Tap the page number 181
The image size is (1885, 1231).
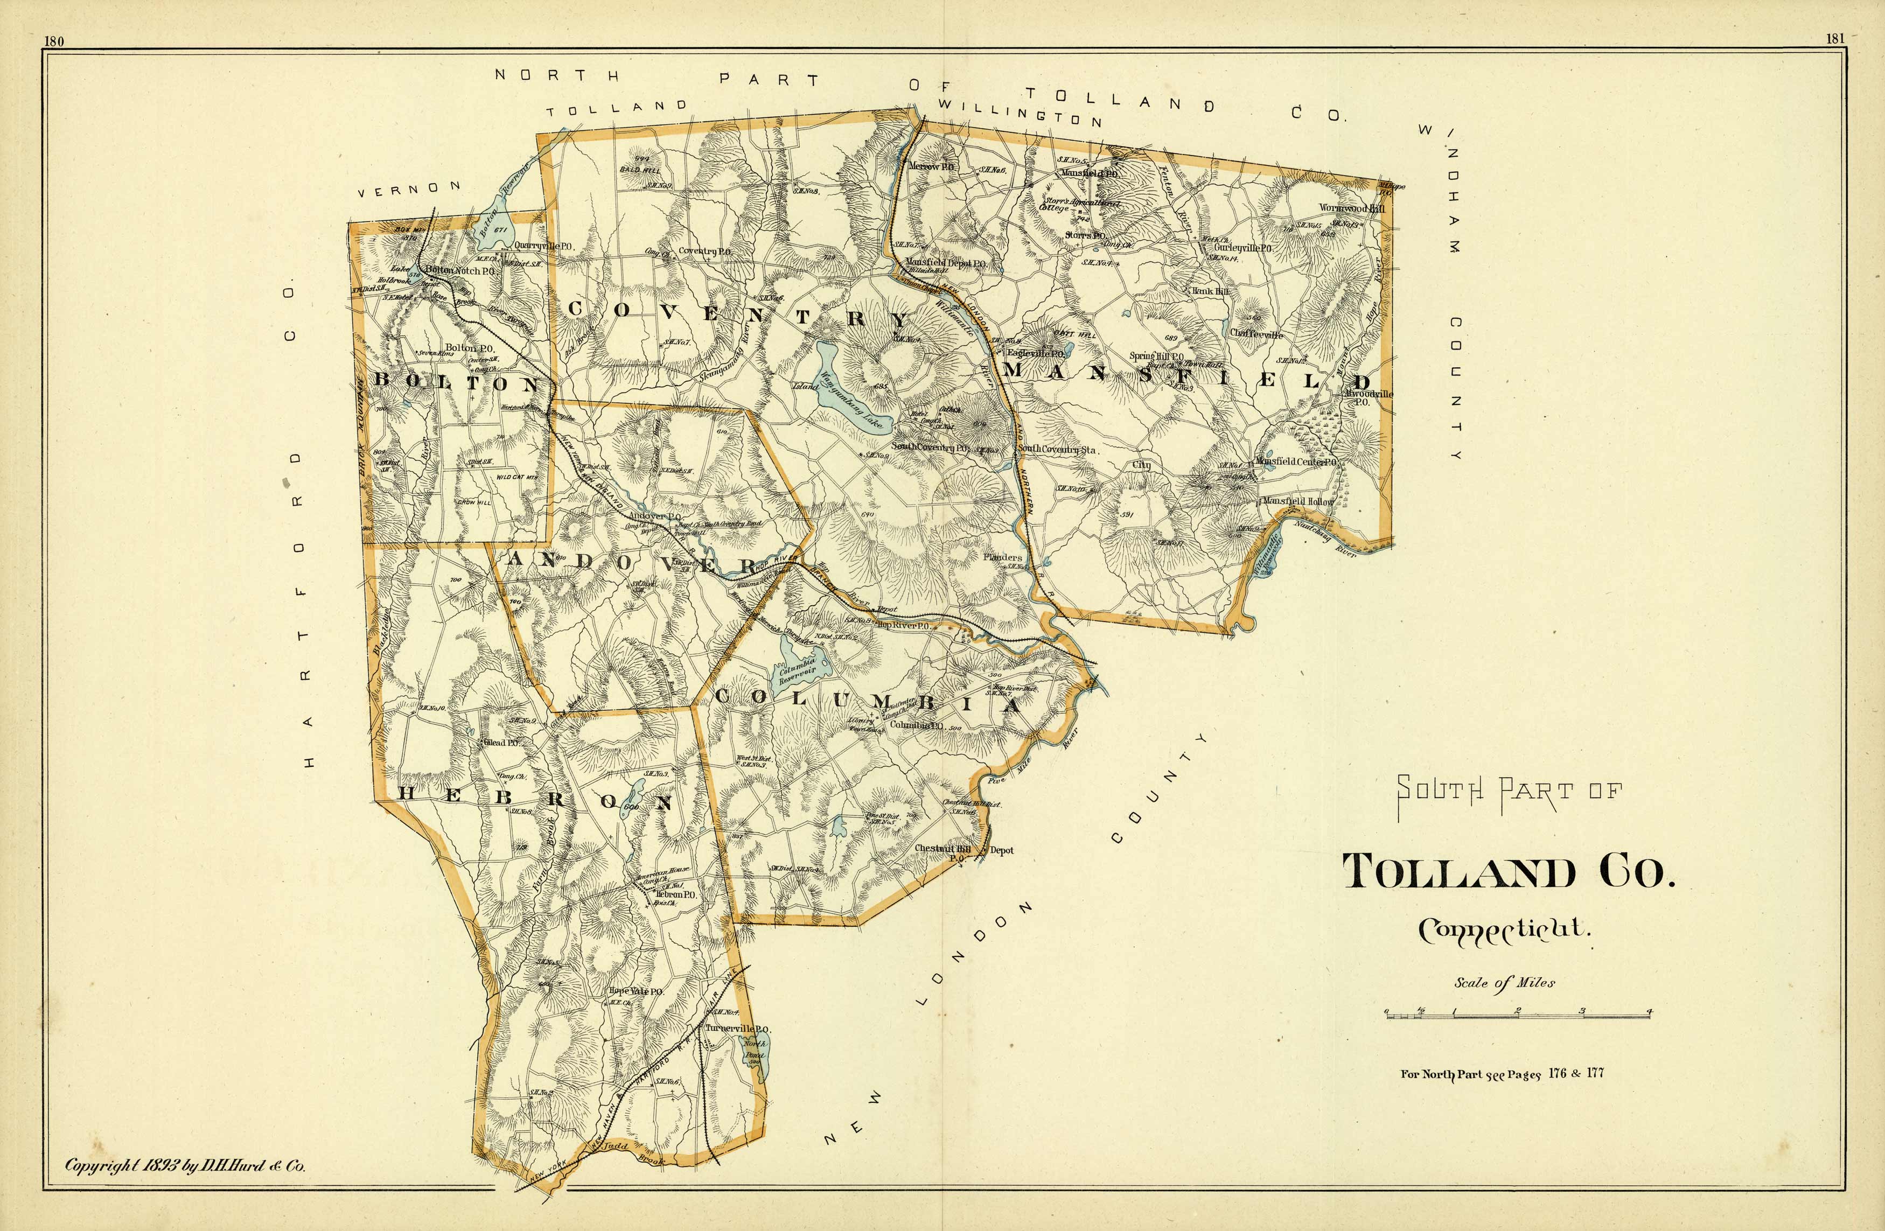[x=1835, y=38]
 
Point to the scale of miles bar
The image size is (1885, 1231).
[x=1518, y=1015]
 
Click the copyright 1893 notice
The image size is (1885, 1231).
[x=185, y=1165]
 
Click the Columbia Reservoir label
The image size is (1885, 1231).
[x=798, y=670]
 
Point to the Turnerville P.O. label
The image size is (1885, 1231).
[x=737, y=1028]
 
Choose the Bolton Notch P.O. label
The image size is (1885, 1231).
[x=459, y=270]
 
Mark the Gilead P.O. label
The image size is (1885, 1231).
[x=502, y=743]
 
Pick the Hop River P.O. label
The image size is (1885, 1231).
[x=903, y=625]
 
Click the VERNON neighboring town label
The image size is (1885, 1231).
[x=409, y=188]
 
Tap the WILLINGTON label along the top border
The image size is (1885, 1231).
[x=1020, y=115]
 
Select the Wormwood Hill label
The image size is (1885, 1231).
[x=1351, y=207]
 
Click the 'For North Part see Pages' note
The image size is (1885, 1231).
[x=1502, y=1074]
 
